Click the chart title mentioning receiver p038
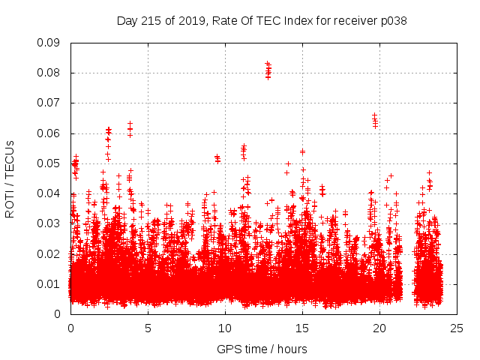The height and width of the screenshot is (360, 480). pyautogui.click(x=262, y=20)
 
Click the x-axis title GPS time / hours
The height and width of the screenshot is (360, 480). pyautogui.click(x=262, y=349)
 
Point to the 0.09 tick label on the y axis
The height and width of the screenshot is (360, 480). pyautogui.click(x=49, y=43)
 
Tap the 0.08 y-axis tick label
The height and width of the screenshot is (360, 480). pyautogui.click(x=49, y=73)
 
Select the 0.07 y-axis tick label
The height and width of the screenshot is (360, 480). pyautogui.click(x=49, y=103)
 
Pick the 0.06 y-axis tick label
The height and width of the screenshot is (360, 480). pyautogui.click(x=49, y=133)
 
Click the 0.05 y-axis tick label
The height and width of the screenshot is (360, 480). pyautogui.click(x=49, y=163)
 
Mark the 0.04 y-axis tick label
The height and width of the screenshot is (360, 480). pyautogui.click(x=49, y=193)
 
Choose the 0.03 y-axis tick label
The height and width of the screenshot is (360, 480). pyautogui.click(x=49, y=223)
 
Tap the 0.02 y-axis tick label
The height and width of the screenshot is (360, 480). pyautogui.click(x=49, y=253)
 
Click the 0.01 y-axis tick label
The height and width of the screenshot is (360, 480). pyautogui.click(x=49, y=283)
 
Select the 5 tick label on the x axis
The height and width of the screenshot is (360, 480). pyautogui.click(x=148, y=328)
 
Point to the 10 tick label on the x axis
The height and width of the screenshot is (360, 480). pyautogui.click(x=225, y=328)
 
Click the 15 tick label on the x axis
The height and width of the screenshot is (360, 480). pyautogui.click(x=302, y=328)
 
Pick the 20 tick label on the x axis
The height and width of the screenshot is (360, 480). pyautogui.click(x=379, y=328)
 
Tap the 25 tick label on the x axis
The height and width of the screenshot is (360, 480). pyautogui.click(x=457, y=328)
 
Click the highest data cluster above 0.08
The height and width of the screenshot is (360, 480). pyautogui.click(x=268, y=70)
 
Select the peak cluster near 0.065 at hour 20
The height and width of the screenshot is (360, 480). pyautogui.click(x=375, y=121)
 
